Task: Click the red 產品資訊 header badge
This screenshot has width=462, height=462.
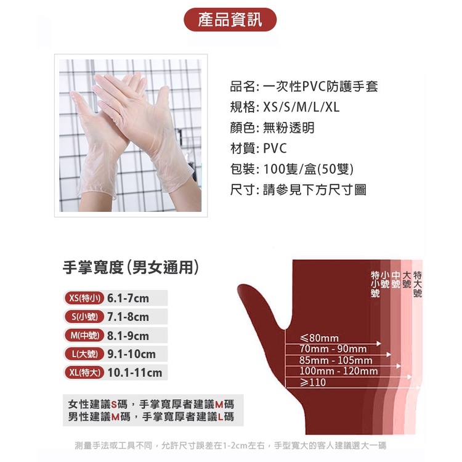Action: pos(230,20)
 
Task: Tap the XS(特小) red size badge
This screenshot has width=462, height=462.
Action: pos(84,298)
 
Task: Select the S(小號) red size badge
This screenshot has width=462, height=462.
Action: pos(84,317)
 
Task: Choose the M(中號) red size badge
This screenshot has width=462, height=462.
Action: pos(84,335)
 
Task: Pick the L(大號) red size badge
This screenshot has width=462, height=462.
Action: pos(84,354)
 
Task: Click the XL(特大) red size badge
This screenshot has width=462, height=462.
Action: pos(84,373)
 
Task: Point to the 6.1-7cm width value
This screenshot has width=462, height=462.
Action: pos(128,298)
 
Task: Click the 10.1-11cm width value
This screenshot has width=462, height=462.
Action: pos(135,373)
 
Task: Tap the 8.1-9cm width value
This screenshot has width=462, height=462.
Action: pos(128,336)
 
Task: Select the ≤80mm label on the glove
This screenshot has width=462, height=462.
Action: pos(319,338)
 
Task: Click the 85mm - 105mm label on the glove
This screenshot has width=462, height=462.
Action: pos(336,360)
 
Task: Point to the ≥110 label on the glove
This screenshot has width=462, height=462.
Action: pos(312,382)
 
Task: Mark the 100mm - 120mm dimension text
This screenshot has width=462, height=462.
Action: pos(339,371)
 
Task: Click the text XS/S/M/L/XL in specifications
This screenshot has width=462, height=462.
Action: pos(301,107)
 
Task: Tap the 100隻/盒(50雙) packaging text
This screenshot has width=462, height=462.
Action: pos(308,169)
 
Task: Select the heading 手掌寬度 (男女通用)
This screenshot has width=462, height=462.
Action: pos(131,267)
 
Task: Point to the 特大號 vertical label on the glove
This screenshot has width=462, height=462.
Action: pos(418,284)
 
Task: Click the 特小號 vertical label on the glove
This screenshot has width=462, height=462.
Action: pos(375,284)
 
